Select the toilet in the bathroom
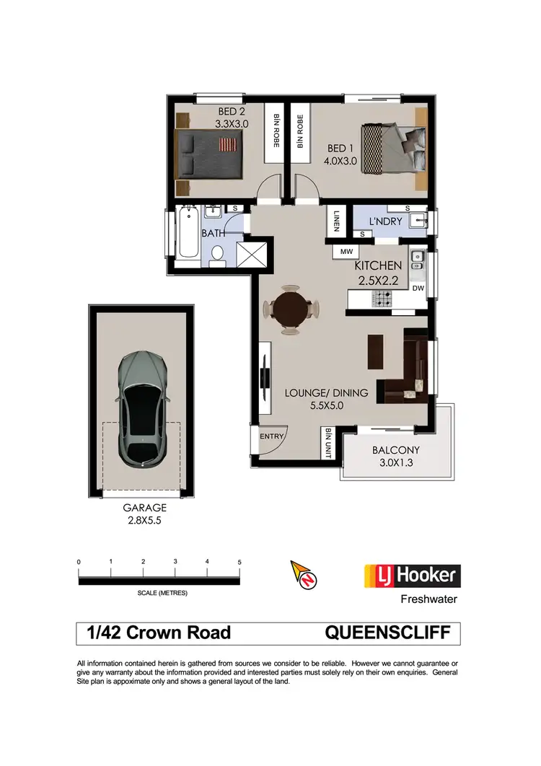(x=217, y=255)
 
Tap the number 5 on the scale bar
(x=239, y=561)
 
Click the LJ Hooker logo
(x=410, y=576)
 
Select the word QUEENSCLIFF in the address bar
(x=392, y=633)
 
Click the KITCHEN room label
(x=379, y=266)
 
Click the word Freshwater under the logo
(x=428, y=599)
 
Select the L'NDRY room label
(x=386, y=221)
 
